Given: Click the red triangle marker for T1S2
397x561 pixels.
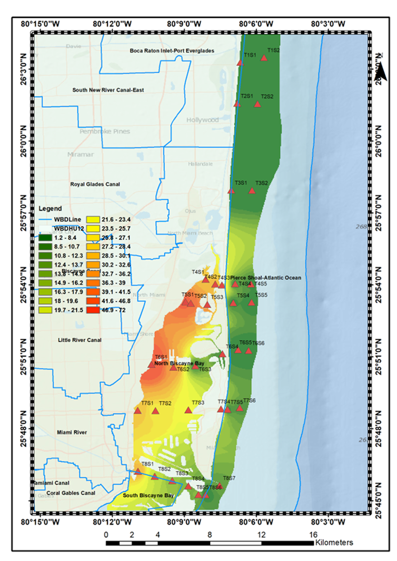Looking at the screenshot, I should pyautogui.click(x=264, y=57).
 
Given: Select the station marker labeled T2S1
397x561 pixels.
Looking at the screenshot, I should pyautogui.click(x=237, y=104).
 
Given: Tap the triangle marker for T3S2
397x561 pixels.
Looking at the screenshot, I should pyautogui.click(x=252, y=190).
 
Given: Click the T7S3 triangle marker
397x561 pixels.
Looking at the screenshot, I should pyautogui.click(x=188, y=410).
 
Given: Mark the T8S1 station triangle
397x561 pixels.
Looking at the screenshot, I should pyautogui.click(x=138, y=471).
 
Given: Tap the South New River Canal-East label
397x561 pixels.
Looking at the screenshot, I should pyautogui.click(x=108, y=90).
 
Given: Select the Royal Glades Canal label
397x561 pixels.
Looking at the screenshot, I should pyautogui.click(x=95, y=184).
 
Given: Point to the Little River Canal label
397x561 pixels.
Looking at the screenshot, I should pyautogui.click(x=80, y=340).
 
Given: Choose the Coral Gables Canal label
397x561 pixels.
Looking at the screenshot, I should pyautogui.click(x=66, y=493).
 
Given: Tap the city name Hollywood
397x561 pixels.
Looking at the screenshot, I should pyautogui.click(x=203, y=120).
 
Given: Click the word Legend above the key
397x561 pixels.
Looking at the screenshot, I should pyautogui.click(x=50, y=209).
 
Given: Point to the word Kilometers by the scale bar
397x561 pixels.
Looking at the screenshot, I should pyautogui.click(x=334, y=542).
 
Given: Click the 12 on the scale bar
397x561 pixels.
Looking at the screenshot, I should pyautogui.click(x=261, y=534).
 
